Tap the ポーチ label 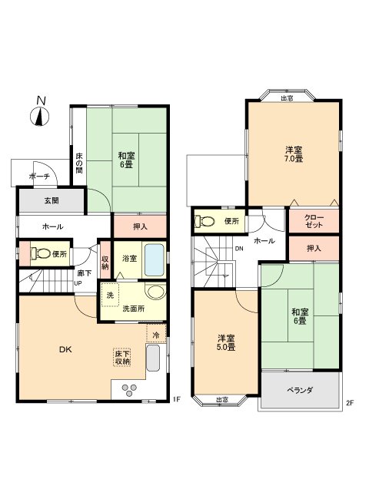39,177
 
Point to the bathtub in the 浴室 154,259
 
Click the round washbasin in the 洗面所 155,292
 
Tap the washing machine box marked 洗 110,296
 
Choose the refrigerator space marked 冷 155,335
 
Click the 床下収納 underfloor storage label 121,357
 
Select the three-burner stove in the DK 128,389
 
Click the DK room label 66,350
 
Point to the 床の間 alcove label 78,163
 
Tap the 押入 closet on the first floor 140,226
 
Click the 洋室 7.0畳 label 293,154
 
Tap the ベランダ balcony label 300,391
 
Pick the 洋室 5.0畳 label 225,342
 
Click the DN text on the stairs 239,248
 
